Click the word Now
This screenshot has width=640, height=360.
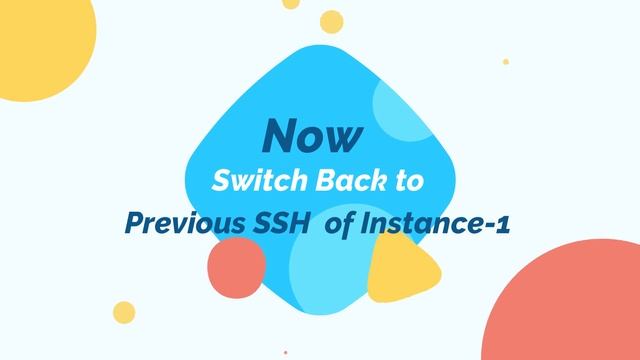pos(313,134)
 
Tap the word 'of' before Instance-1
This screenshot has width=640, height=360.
pos(341,222)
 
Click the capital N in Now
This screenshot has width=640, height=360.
pos(278,134)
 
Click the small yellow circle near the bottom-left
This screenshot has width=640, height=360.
pos(124,311)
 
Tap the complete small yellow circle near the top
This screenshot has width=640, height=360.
pos(331,21)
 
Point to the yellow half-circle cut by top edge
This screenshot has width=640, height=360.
pos(290,4)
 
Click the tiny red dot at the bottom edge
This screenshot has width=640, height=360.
pos(285,352)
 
